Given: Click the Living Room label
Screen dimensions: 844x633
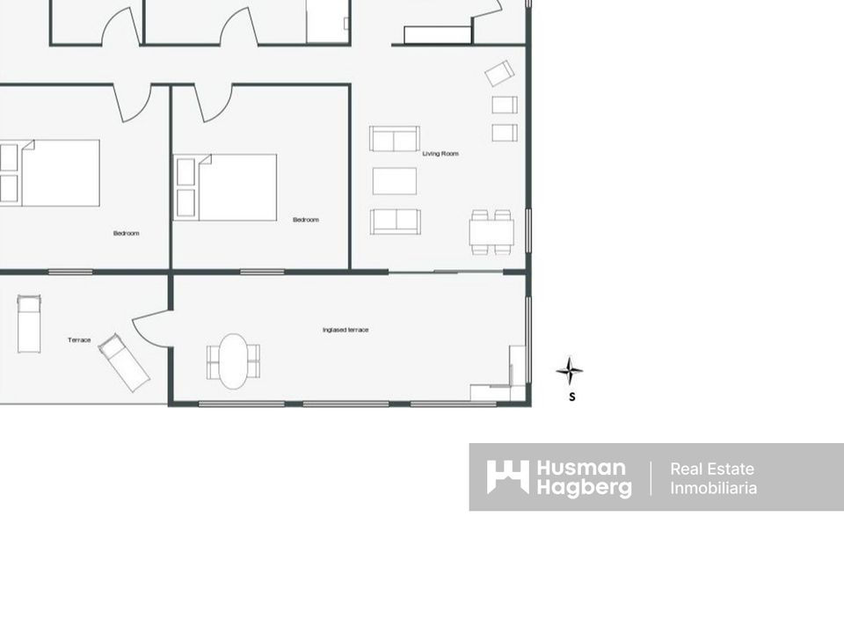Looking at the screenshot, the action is (440, 153).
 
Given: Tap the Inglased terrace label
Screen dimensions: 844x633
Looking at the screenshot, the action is (346, 330).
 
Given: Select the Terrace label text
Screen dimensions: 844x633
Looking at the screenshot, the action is (79, 340).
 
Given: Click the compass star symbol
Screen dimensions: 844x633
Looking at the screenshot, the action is (570, 371).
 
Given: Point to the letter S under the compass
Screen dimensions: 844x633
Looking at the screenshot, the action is (572, 397).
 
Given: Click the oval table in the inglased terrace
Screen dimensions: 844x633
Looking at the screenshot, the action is (234, 361).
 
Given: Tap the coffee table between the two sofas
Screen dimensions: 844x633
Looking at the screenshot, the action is (395, 181).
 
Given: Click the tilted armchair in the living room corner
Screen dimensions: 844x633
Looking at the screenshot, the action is (499, 73).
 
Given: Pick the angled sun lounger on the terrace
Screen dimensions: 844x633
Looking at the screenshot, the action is (124, 363).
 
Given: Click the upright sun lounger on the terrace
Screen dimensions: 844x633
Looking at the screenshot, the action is (29, 324).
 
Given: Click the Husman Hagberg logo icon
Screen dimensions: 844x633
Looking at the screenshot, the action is (507, 477).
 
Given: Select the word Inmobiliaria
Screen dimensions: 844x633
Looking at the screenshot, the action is (713, 488).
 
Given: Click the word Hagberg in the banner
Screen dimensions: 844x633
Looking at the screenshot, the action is (584, 488).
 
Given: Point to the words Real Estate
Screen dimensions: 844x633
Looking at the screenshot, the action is (711, 469).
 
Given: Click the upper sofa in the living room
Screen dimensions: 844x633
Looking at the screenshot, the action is (395, 139).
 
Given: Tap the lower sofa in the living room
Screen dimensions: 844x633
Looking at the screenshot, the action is (396, 222).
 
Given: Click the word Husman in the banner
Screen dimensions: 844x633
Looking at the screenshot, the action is (581, 469).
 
